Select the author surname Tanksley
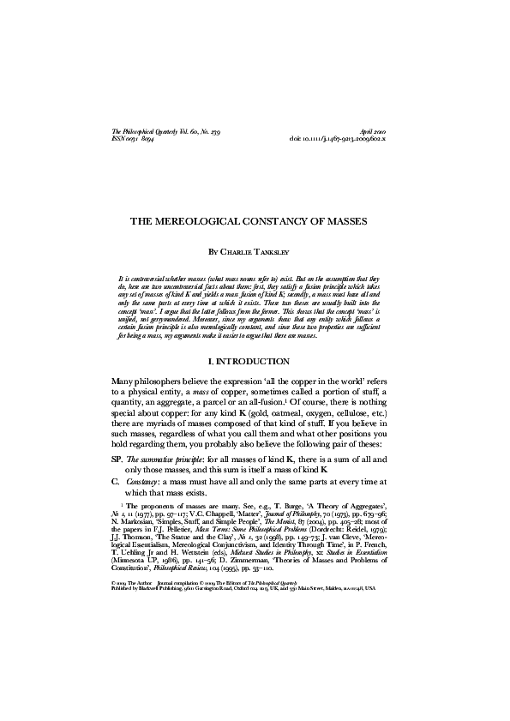(x=273, y=253)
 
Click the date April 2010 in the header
(x=382, y=129)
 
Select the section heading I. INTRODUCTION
(x=255, y=361)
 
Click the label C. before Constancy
(x=116, y=483)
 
